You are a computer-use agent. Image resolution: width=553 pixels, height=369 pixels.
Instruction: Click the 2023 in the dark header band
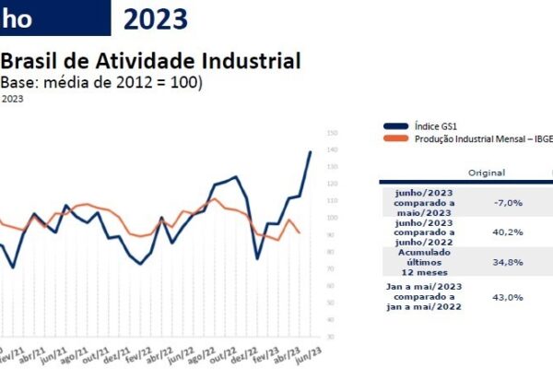(x=156, y=18)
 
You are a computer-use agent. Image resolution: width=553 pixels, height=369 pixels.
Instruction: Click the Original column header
(x=486, y=173)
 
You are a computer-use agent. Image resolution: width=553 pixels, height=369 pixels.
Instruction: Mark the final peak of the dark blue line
(x=311, y=151)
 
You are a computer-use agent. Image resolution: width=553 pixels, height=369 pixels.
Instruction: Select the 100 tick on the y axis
(x=331, y=218)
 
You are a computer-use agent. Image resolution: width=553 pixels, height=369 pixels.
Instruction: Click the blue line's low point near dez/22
(x=258, y=257)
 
